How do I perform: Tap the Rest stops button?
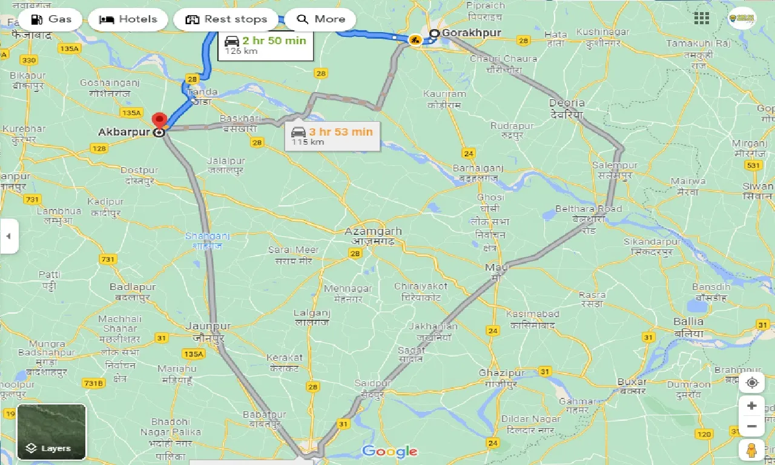(x=226, y=19)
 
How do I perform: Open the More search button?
(x=321, y=19)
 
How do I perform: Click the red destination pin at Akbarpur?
(x=159, y=120)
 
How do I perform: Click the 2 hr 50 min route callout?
(x=265, y=45)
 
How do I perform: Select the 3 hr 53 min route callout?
(x=332, y=136)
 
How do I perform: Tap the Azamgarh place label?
(x=373, y=232)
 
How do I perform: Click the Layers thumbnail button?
(x=51, y=432)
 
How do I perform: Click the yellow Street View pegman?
(x=751, y=449)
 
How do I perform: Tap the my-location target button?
(x=751, y=383)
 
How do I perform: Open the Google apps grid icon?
(x=702, y=18)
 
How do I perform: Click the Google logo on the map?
(x=389, y=451)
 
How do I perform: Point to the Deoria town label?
(x=567, y=103)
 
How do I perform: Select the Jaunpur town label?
(x=209, y=326)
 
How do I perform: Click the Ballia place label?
(x=688, y=322)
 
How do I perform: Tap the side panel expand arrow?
(x=8, y=236)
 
